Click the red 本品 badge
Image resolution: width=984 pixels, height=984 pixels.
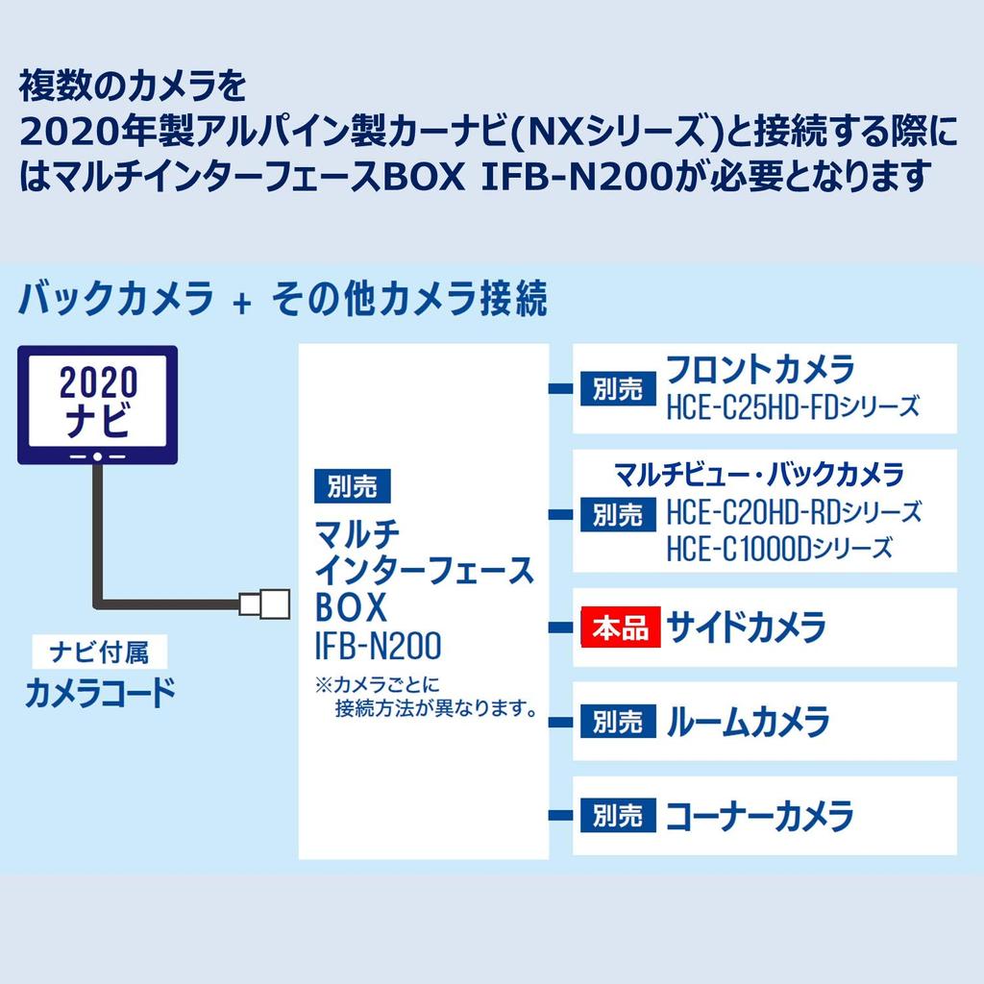(620, 627)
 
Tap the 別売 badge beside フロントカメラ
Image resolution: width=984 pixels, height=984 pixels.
(618, 388)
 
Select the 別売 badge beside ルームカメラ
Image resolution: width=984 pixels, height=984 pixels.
(618, 721)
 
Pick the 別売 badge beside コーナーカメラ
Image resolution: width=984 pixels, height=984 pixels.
(618, 815)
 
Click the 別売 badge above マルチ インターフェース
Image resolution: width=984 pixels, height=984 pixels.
(352, 485)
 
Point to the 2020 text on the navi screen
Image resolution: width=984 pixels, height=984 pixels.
(99, 382)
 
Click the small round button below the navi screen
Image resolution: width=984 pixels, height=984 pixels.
(97, 456)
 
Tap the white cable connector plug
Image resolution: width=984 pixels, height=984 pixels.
(264, 603)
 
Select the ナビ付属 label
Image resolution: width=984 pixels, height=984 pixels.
(100, 652)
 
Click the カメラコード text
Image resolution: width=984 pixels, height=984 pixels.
(100, 693)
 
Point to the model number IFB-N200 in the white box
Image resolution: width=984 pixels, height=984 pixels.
(378, 645)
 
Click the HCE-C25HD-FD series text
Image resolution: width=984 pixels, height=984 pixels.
(792, 407)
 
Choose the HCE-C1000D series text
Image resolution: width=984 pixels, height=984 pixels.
(778, 549)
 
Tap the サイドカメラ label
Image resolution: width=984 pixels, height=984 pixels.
(746, 627)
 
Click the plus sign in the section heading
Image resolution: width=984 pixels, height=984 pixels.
(241, 304)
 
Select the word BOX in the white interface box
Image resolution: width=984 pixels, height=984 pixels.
(351, 607)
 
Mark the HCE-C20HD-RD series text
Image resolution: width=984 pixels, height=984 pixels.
(793, 513)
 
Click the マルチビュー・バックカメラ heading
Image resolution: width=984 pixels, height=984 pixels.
(759, 475)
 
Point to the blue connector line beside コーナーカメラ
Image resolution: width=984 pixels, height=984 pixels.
(560, 815)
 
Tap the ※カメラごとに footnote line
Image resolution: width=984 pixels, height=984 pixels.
(377, 684)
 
